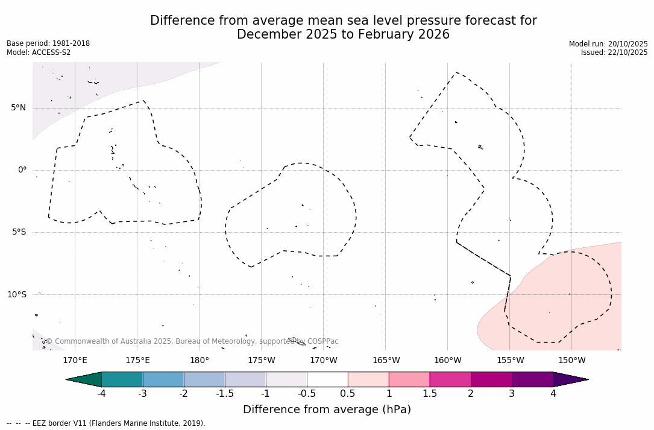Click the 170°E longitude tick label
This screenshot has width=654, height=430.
pos(75,361)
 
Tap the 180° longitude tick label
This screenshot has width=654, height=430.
pos(200,361)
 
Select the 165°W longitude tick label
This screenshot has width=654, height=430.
pos(386,361)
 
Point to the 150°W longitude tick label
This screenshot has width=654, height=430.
pos(571,361)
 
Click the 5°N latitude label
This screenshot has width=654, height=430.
pos(18,108)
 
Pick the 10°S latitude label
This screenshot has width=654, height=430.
pos(16,294)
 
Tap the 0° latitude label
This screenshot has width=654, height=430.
pos(22,170)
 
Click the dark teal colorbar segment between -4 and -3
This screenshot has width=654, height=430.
pos(122,379)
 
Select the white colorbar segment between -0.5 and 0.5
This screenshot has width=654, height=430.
pos(327,379)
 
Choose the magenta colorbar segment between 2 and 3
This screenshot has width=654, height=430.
pos(491,379)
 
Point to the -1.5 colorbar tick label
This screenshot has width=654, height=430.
pos(225,394)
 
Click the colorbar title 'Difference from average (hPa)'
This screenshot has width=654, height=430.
pos(327,410)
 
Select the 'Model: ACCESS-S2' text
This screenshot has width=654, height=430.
pos(39,52)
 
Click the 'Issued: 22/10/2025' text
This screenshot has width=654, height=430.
pos(614,52)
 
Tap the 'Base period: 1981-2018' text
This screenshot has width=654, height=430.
pos(48,43)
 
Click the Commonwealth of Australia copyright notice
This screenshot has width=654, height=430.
pos(192,341)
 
